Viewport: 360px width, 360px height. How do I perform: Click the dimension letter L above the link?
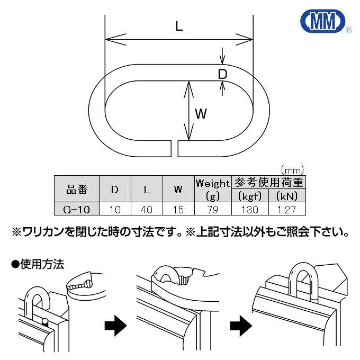[x=179, y=26]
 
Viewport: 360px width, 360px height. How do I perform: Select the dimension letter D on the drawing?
[x=223, y=74]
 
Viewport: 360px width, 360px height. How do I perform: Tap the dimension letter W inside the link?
[x=201, y=113]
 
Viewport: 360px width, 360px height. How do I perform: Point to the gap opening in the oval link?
[x=176, y=148]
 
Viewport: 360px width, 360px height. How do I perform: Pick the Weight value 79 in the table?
[x=212, y=210]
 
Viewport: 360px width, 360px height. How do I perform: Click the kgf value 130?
[x=248, y=210]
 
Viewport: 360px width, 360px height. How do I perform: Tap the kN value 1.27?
[x=286, y=210]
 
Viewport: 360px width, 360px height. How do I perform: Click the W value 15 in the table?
[x=178, y=210]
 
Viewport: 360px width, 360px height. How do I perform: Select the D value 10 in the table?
[x=114, y=210]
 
